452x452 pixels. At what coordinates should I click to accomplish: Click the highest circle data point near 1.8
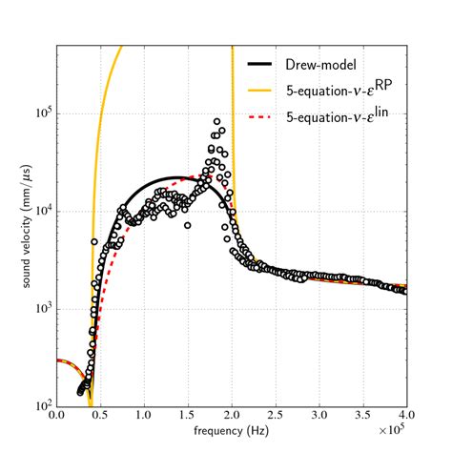click(216, 122)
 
